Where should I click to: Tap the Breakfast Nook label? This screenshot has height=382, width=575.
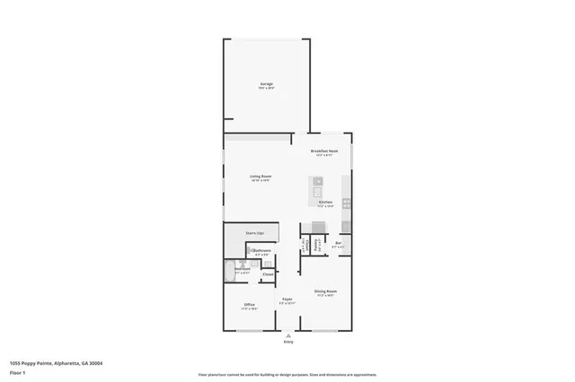coord(324,152)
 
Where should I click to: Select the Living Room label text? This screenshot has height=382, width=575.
coord(261,178)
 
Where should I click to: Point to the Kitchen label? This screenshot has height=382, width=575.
coord(325,204)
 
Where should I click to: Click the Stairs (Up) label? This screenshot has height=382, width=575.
coord(255,233)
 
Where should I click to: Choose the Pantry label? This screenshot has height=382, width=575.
coord(316,243)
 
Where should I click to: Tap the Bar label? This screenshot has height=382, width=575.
coord(339,243)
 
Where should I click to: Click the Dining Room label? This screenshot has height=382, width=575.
coord(325,292)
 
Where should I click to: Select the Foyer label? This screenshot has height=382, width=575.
coord(287,300)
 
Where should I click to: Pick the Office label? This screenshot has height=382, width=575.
coord(250,307)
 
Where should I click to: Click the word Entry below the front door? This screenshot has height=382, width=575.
coord(288,343)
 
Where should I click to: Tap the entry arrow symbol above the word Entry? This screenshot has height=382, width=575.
coord(288,335)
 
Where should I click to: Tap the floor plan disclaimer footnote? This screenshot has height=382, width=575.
coord(287,375)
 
